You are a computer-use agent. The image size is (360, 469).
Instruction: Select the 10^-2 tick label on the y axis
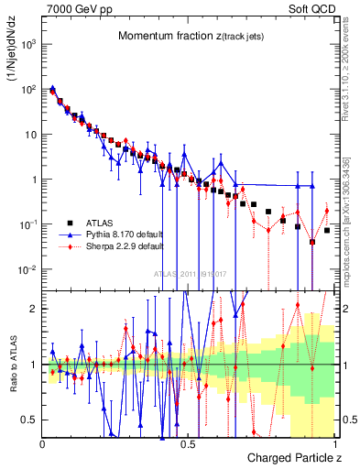pos(29,270)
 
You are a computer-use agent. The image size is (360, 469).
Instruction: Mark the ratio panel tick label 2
pos(34,309)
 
